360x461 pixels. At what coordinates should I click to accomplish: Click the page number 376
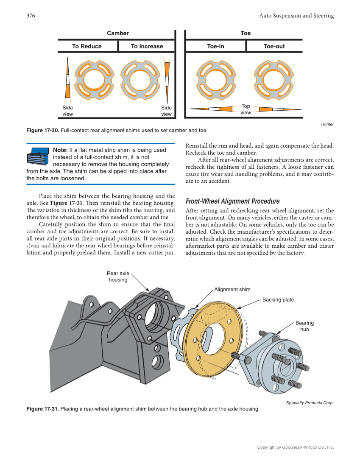click(x=31, y=16)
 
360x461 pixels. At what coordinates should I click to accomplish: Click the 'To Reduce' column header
click(x=87, y=46)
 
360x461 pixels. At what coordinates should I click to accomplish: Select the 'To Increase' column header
click(x=147, y=46)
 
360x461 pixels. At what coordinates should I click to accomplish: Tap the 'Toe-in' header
click(x=215, y=46)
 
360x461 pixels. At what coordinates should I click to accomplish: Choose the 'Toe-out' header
click(x=274, y=46)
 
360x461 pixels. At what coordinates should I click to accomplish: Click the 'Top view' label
click(x=246, y=109)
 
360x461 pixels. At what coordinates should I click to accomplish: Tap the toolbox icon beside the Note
click(x=39, y=156)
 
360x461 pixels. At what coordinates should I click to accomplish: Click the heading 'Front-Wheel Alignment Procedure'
click(x=232, y=201)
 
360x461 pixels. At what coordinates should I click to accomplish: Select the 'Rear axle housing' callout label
click(x=118, y=277)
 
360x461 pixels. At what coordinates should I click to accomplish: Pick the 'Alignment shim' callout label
click(x=232, y=289)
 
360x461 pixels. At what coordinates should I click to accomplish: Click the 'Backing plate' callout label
click(x=278, y=299)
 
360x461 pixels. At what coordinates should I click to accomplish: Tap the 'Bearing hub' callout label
click(x=304, y=326)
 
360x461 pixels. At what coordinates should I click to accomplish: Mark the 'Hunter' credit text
click(x=327, y=124)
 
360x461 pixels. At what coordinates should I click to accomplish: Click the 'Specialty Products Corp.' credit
click(x=310, y=402)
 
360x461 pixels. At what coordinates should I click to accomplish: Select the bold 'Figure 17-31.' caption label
click(x=43, y=409)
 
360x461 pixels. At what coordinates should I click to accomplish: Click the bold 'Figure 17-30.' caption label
click(x=43, y=130)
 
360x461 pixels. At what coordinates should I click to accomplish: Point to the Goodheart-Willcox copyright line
click(x=295, y=447)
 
